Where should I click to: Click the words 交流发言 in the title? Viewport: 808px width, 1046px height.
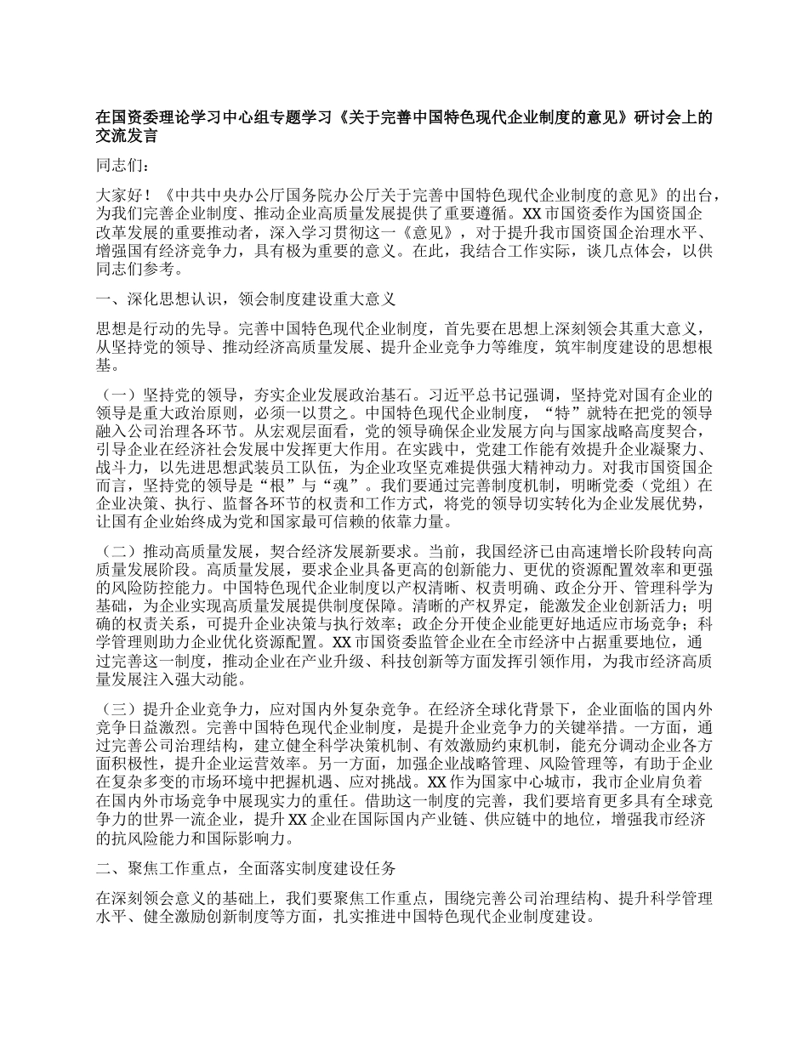(x=126, y=134)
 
